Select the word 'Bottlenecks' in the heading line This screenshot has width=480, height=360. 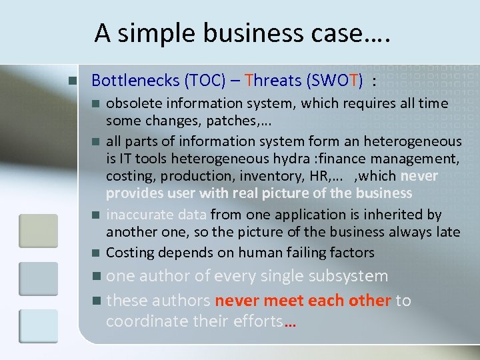[x=137, y=81]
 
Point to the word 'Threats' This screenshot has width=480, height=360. [x=273, y=81]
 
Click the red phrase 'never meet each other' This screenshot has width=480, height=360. [x=303, y=300]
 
